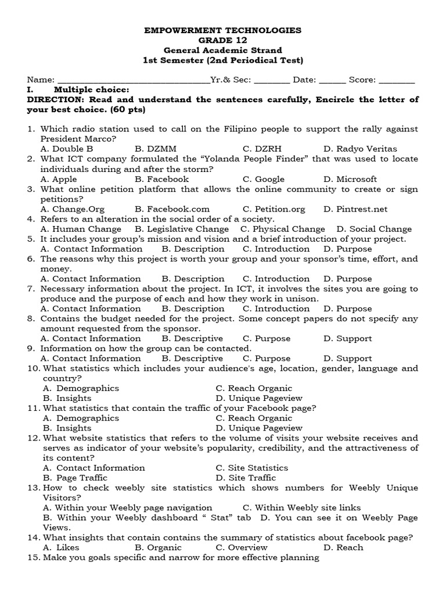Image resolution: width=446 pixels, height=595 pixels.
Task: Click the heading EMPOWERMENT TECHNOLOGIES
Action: coord(223,30)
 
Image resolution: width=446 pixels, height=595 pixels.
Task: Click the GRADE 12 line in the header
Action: coord(223,40)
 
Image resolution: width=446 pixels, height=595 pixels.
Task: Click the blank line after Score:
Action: coord(397,80)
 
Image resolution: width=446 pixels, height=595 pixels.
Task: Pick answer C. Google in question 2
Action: coord(264,179)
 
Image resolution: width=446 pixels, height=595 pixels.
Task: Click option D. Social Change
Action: coord(374,229)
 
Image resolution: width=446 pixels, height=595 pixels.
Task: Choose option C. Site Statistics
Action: coord(251,468)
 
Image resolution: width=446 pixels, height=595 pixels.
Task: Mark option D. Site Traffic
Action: coord(246,478)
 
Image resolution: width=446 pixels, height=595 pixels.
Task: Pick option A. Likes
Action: coord(61,547)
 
